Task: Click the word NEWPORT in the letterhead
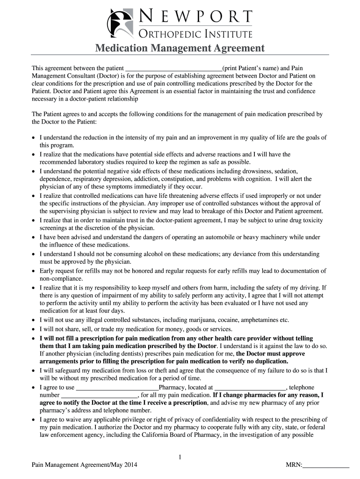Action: tap(195, 17)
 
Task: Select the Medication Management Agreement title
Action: tap(180, 48)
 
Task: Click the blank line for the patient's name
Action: tap(174, 67)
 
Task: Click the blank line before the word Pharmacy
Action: tap(117, 388)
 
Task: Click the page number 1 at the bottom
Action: tap(180, 457)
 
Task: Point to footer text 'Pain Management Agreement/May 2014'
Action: tap(84, 466)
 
